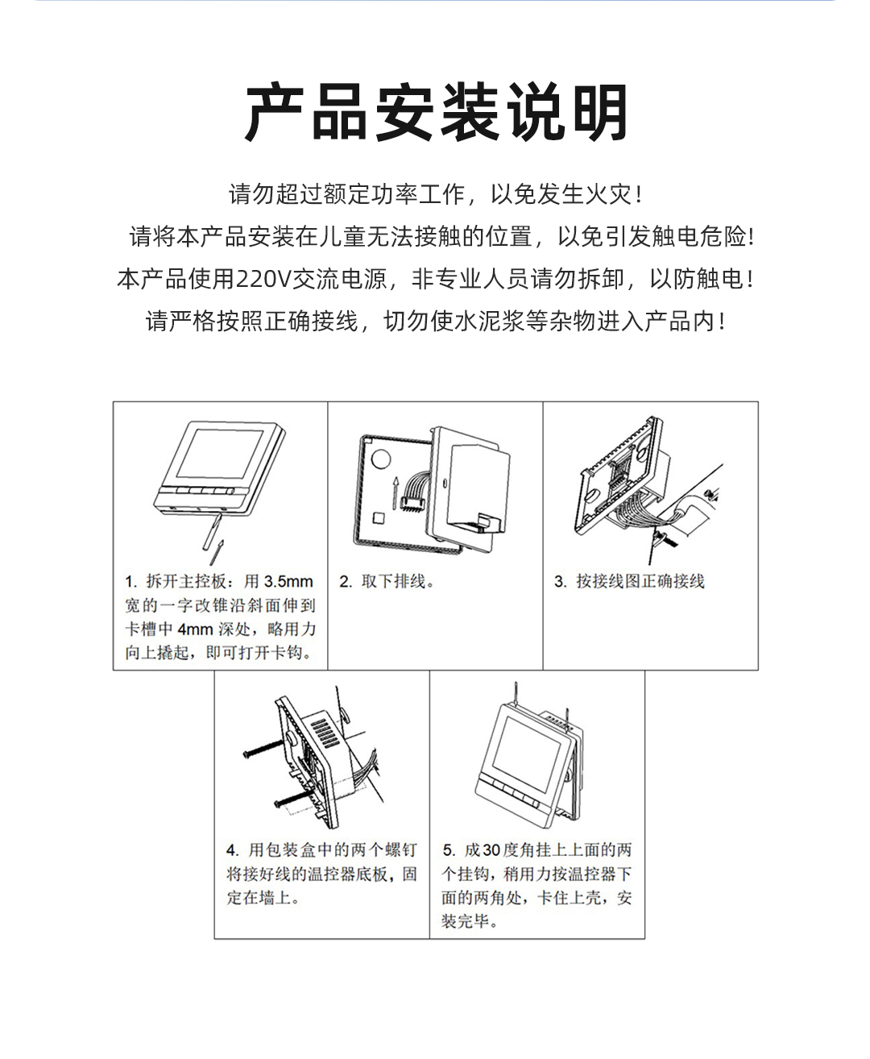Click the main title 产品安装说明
[x=436, y=113]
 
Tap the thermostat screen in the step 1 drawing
[x=221, y=454]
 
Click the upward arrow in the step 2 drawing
[x=395, y=488]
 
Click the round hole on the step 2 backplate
[x=379, y=459]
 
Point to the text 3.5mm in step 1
[x=288, y=582]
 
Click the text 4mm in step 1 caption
[x=195, y=629]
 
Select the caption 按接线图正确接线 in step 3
[x=640, y=582]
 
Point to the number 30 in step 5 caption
[x=491, y=850]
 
